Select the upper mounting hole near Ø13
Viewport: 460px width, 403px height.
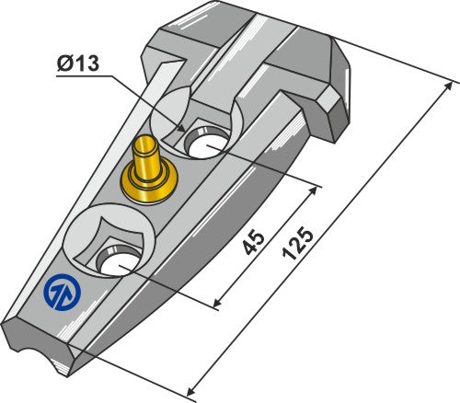pyautogui.click(x=206, y=142)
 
